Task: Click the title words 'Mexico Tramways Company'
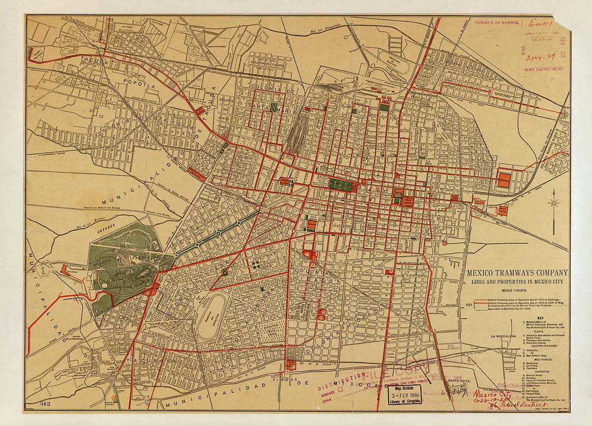point(517,273)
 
